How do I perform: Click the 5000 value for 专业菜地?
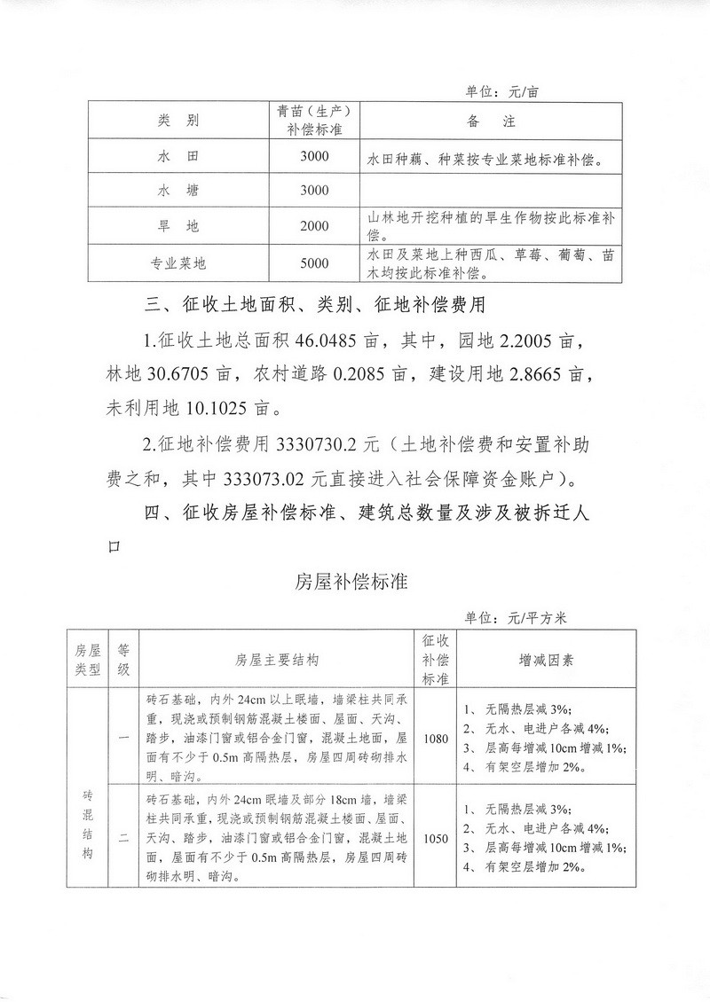[x=314, y=262]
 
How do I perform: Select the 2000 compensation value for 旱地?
[x=314, y=226]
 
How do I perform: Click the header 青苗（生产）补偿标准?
[x=314, y=121]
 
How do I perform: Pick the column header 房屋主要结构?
[x=277, y=660]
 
